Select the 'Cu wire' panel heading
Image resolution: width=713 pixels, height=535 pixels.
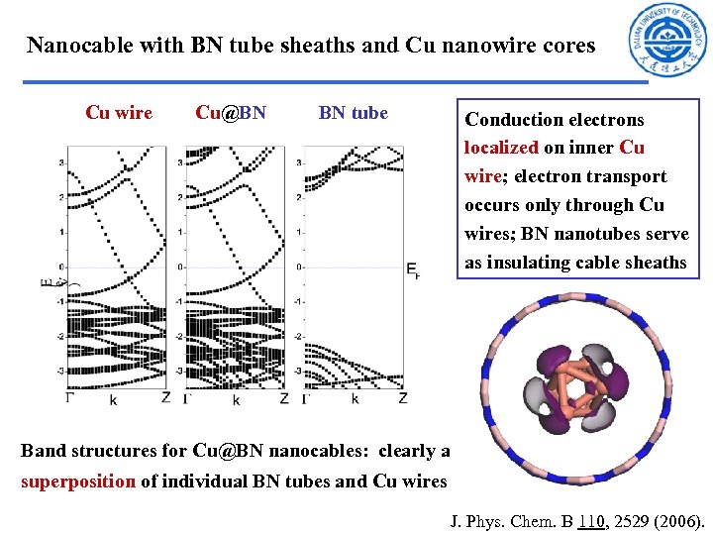click(x=119, y=113)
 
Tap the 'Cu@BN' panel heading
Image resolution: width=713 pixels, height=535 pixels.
click(x=231, y=113)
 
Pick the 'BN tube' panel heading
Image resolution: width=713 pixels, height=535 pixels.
click(x=353, y=113)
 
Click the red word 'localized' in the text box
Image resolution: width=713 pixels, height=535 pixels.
click(x=501, y=148)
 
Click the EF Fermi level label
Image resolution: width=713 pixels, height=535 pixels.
click(x=413, y=269)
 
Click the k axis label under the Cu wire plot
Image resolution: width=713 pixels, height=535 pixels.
click(x=113, y=400)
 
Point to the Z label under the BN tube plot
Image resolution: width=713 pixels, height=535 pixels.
click(x=403, y=398)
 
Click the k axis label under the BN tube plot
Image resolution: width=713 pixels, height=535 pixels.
click(x=355, y=399)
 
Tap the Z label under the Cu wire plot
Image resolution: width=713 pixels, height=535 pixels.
click(x=165, y=398)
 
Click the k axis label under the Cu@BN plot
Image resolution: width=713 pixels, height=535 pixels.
click(x=236, y=400)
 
